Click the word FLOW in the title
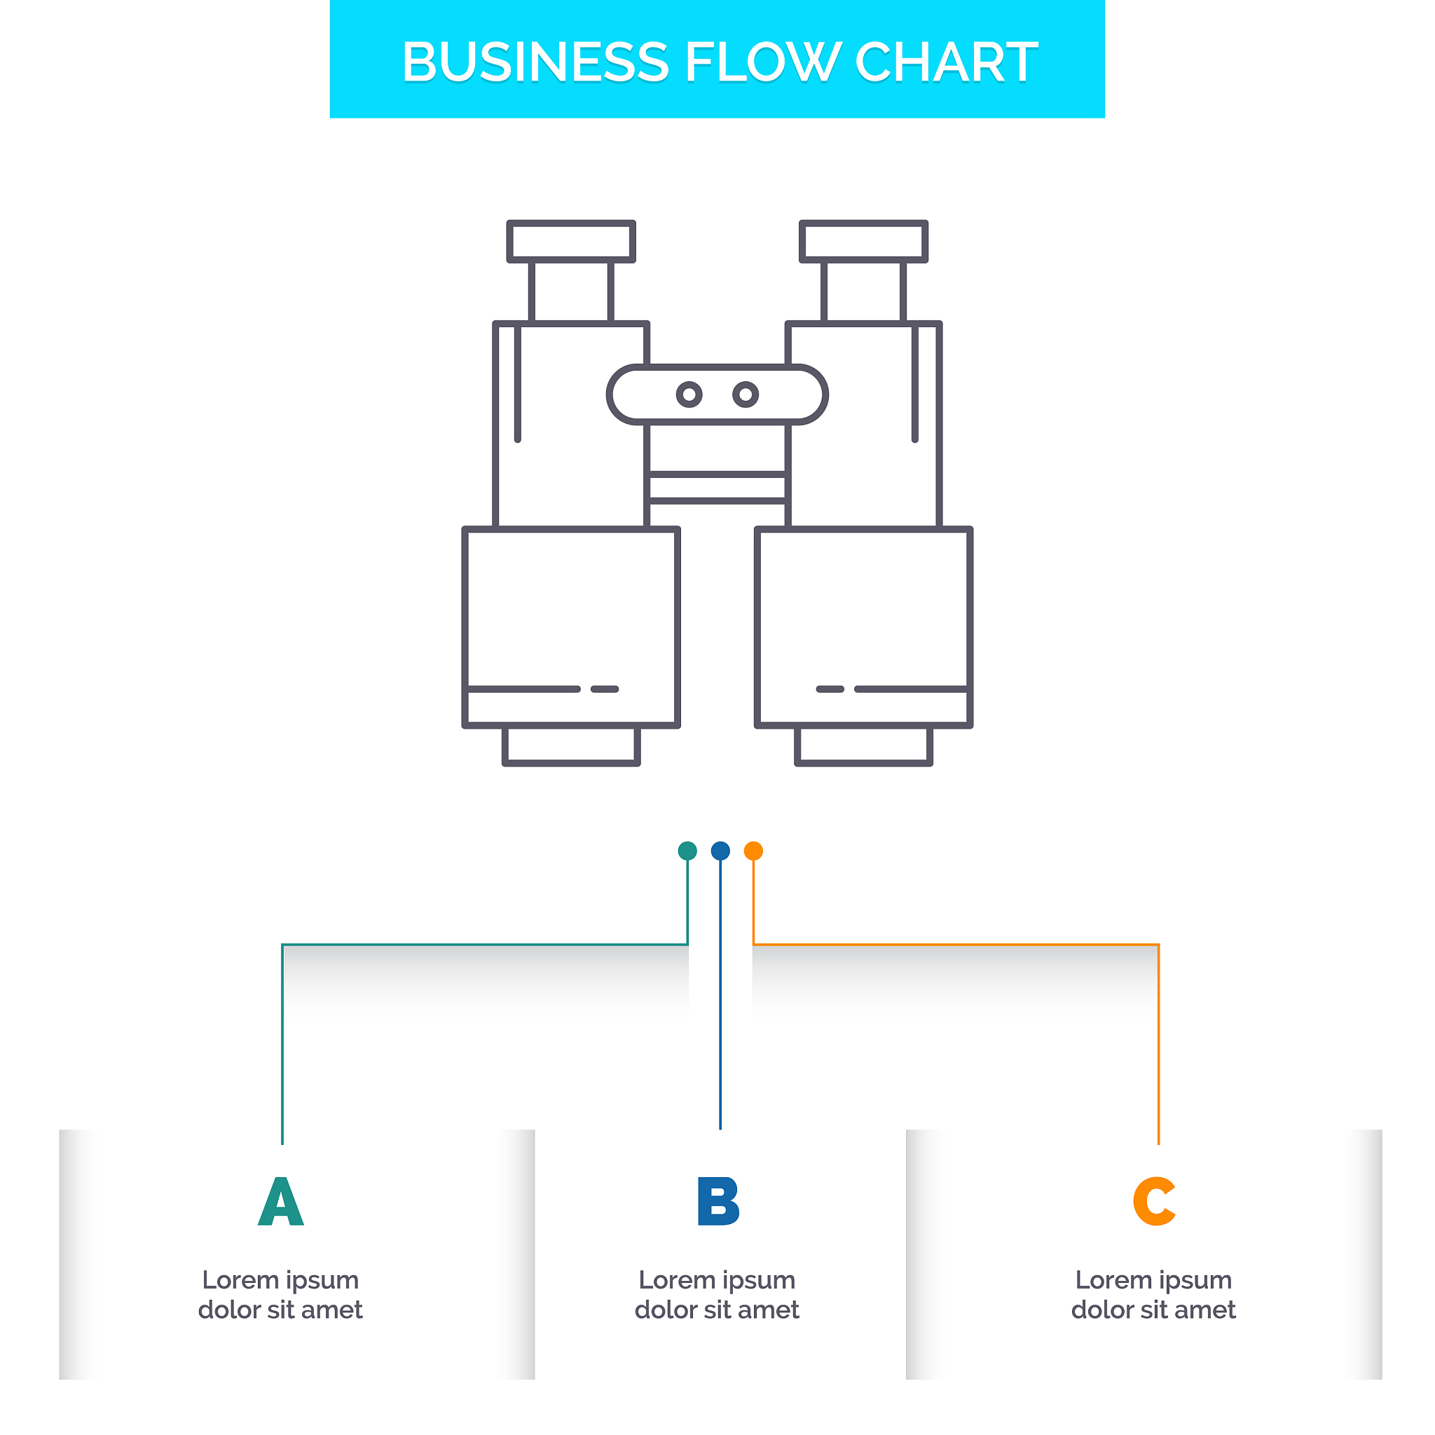pyautogui.click(x=763, y=62)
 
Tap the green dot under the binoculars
pyautogui.click(x=688, y=851)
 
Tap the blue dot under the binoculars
pyautogui.click(x=720, y=851)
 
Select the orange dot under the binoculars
pyautogui.click(x=753, y=851)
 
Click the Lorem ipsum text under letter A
pyautogui.click(x=281, y=1295)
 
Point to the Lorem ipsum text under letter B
pyautogui.click(x=717, y=1295)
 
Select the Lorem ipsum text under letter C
pyautogui.click(x=1153, y=1295)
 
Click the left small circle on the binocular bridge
pyautogui.click(x=689, y=394)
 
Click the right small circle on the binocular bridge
pyautogui.click(x=746, y=394)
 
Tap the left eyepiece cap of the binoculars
pyautogui.click(x=571, y=242)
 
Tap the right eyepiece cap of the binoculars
pyautogui.click(x=864, y=242)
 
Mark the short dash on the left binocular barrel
pyautogui.click(x=605, y=689)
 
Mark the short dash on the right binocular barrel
pyautogui.click(x=830, y=689)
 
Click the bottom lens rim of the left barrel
pyautogui.click(x=571, y=746)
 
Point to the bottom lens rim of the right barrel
pyautogui.click(x=864, y=746)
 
